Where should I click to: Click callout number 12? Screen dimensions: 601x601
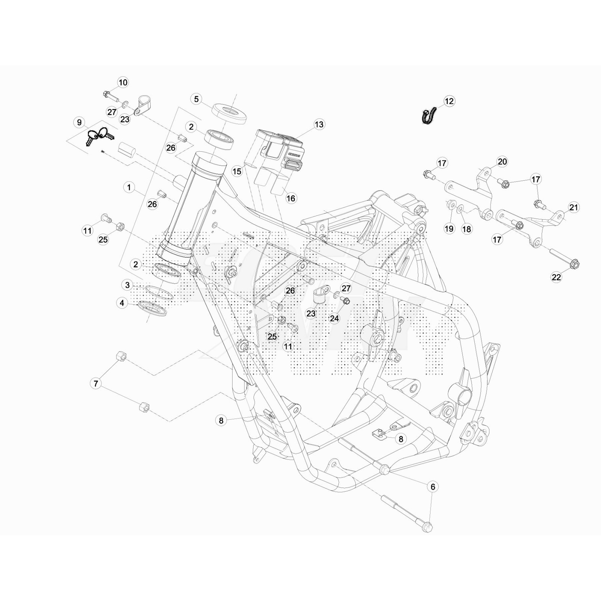click(x=449, y=101)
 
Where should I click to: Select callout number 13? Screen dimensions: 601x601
click(x=319, y=124)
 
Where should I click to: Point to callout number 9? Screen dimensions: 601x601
click(x=79, y=122)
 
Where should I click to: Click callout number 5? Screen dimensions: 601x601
click(x=196, y=99)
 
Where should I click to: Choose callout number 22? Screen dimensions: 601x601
click(x=556, y=277)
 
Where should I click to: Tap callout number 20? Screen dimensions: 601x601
click(x=502, y=162)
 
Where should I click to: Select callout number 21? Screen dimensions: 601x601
click(x=574, y=207)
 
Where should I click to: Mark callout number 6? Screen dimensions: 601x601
click(x=433, y=487)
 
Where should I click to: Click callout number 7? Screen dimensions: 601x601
click(x=96, y=384)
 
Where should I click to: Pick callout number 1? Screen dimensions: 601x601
click(x=129, y=187)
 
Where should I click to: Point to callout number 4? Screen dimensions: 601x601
click(x=122, y=303)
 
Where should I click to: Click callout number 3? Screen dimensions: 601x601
click(x=127, y=285)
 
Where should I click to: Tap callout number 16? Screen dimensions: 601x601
click(x=291, y=198)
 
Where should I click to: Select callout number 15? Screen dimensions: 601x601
click(x=237, y=172)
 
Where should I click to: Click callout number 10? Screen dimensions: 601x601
click(x=123, y=83)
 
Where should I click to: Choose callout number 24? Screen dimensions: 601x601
click(x=334, y=319)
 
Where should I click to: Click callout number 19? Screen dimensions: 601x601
click(x=449, y=228)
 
